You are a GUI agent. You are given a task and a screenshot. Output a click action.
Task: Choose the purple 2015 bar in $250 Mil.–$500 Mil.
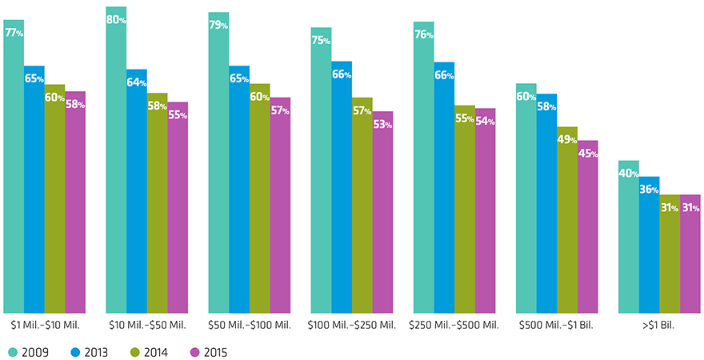pos(485,212)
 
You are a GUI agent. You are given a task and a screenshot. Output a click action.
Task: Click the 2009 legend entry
pos(28,351)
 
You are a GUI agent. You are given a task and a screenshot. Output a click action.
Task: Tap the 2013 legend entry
pos(90,351)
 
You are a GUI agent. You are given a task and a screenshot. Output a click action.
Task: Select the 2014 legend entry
pos(150,351)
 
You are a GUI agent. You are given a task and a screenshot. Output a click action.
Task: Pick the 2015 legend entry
pos(210,351)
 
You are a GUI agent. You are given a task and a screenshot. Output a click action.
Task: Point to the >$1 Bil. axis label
pos(658,326)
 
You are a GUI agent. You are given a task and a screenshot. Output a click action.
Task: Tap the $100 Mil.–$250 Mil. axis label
pos(351,326)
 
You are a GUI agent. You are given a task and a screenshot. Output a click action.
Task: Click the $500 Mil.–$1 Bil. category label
pos(556,326)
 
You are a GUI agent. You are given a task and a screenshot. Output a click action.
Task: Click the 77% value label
pos(14,34)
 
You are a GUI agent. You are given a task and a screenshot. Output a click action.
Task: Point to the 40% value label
pos(628,174)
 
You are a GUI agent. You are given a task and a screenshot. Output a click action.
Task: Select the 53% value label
pos(383,125)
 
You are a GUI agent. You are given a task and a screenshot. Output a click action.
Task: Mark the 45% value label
pos(588,154)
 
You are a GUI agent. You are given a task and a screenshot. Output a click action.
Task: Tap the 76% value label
pos(424,35)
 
